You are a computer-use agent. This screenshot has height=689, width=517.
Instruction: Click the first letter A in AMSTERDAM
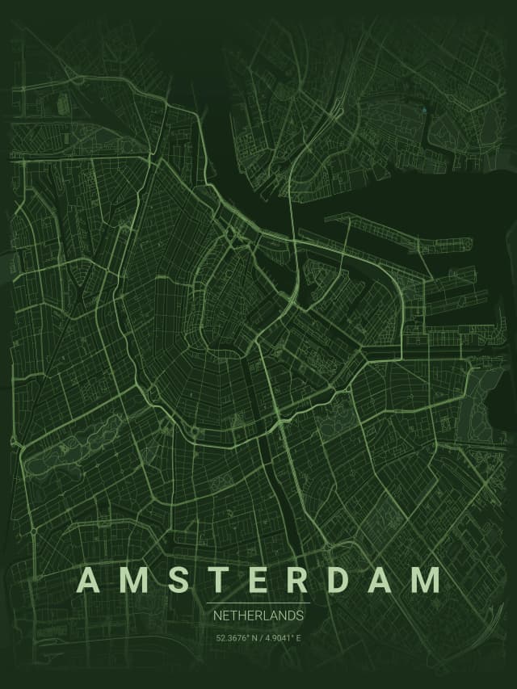(x=90, y=581)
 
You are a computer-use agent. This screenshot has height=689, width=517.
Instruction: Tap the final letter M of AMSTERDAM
(x=426, y=581)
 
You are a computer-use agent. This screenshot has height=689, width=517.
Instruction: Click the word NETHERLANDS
(x=258, y=615)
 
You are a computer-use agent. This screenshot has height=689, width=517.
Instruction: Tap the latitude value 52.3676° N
(x=236, y=638)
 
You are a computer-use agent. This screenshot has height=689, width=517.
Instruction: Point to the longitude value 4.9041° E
(x=282, y=638)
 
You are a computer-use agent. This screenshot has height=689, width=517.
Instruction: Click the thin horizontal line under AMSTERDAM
(x=258, y=603)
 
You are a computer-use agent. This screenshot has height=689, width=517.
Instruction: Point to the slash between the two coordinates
(x=259, y=638)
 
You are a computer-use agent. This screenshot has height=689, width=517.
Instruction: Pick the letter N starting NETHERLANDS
(x=217, y=615)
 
